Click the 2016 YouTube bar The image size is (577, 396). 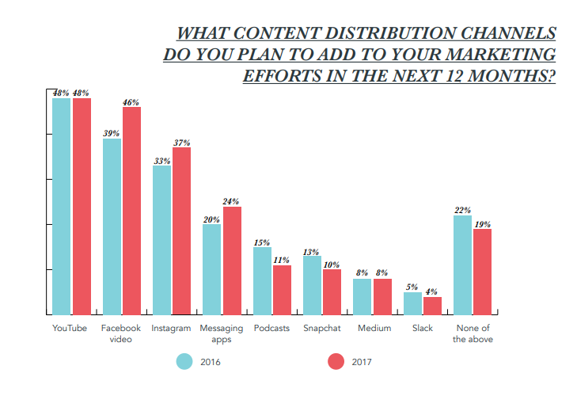(x=62, y=206)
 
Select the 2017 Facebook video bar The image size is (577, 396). (x=131, y=211)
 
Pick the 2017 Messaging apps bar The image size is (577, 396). (x=232, y=261)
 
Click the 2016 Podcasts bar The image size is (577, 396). (x=262, y=281)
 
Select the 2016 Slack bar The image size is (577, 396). (x=412, y=303)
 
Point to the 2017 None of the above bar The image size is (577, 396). (x=482, y=272)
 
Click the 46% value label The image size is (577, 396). (x=131, y=102)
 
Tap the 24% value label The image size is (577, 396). (x=231, y=202)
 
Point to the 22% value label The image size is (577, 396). (x=463, y=211)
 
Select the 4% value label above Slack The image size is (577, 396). (x=432, y=292)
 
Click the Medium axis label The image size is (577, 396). (x=374, y=328)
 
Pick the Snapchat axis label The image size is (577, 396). (x=322, y=328)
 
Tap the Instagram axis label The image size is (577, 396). (x=171, y=328)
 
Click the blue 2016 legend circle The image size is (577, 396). (x=184, y=361)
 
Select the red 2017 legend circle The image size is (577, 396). (x=336, y=361)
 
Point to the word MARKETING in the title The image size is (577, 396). (x=498, y=55)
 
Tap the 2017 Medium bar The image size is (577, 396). (x=382, y=296)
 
